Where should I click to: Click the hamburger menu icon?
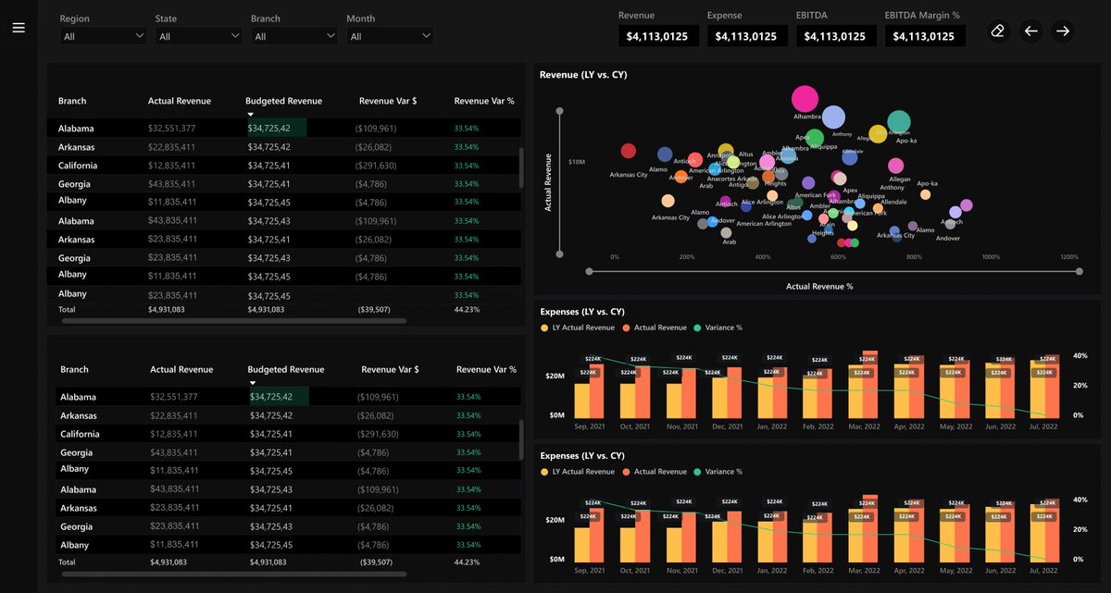click(x=19, y=28)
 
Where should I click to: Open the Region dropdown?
click(x=103, y=36)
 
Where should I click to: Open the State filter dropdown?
click(x=198, y=36)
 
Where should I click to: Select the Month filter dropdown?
click(x=390, y=36)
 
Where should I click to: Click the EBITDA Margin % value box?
click(x=925, y=36)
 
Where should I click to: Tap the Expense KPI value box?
click(x=748, y=36)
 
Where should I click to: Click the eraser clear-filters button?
click(x=997, y=31)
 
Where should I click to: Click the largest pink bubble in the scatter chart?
click(x=805, y=99)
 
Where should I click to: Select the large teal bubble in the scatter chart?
click(x=899, y=121)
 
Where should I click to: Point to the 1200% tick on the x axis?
click(x=1069, y=257)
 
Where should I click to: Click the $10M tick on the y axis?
click(x=577, y=162)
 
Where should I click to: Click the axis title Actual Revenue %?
click(x=819, y=287)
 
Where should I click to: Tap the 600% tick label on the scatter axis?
click(x=839, y=257)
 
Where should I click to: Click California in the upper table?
click(x=78, y=166)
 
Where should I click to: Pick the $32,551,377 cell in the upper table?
click(x=171, y=129)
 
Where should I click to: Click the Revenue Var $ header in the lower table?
click(x=390, y=369)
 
